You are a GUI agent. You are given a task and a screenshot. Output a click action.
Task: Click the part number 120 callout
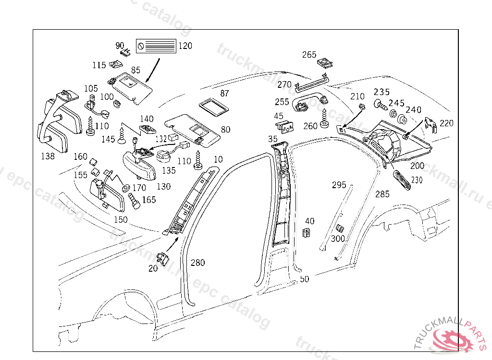coord(185,46)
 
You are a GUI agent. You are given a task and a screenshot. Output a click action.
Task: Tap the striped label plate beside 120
coord(156,47)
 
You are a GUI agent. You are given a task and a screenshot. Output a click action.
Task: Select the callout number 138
coord(48,156)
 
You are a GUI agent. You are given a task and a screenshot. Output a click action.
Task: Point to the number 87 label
coord(224,94)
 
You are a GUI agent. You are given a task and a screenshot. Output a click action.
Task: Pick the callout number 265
coord(309,55)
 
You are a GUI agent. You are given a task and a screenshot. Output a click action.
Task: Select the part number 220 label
coord(446,123)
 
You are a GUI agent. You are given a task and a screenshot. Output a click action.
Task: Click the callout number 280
coord(197,263)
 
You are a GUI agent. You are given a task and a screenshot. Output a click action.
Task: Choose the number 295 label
coord(339,185)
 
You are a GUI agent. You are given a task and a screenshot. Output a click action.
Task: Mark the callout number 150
coord(121,219)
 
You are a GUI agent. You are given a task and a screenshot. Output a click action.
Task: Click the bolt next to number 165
coord(134,201)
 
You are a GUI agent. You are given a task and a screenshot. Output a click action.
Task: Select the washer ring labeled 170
coord(125,186)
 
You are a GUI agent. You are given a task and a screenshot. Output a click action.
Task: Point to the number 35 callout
coord(273,139)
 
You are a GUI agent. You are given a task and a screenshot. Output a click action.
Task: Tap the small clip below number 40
coord(306,233)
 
